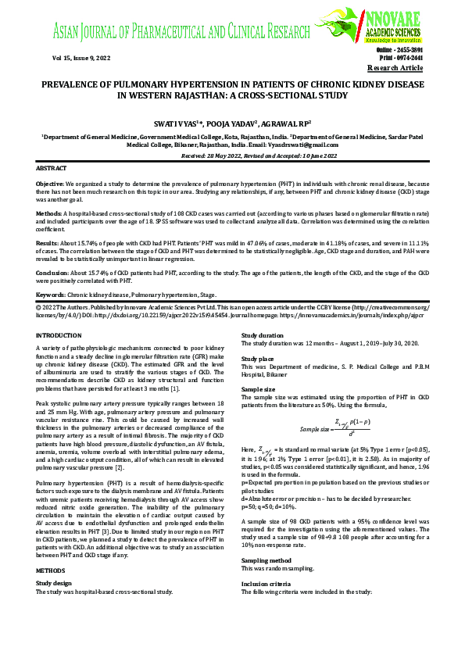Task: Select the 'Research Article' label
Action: tap(400, 69)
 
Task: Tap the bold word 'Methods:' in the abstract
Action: tap(50, 212)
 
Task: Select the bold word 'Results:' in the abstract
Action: tap(49, 241)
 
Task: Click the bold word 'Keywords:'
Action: tap(51, 294)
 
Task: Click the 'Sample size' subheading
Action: tap(259, 388)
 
